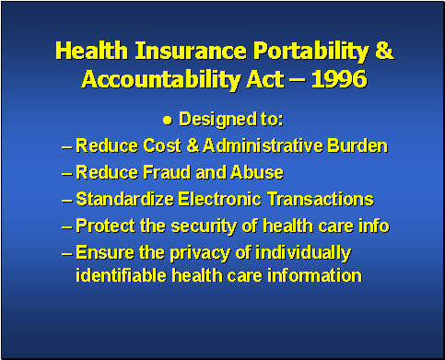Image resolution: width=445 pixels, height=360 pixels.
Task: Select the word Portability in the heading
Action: pyautogui.click(x=308, y=51)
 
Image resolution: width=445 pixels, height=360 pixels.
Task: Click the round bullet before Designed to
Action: pyautogui.click(x=168, y=120)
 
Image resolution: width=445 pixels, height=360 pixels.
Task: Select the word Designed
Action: pyautogui.click(x=212, y=120)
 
